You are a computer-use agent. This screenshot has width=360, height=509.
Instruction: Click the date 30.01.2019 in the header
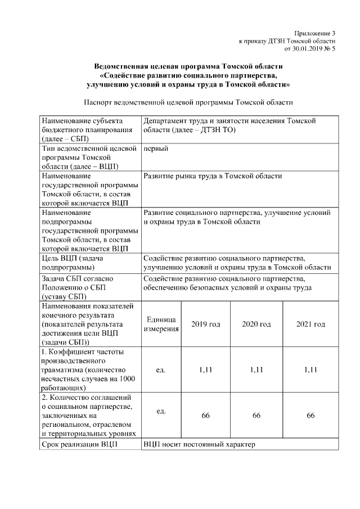pyautogui.click(x=308, y=49)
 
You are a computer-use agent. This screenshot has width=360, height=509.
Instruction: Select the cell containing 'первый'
pyautogui.click(x=156, y=148)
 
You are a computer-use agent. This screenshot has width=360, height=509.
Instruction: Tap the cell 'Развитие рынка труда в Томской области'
pyautogui.click(x=213, y=176)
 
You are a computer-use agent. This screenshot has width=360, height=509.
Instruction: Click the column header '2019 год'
pyautogui.click(x=205, y=325)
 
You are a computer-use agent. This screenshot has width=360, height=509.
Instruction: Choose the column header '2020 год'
pyautogui.click(x=256, y=325)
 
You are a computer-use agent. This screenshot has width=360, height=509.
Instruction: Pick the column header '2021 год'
pyautogui.click(x=310, y=325)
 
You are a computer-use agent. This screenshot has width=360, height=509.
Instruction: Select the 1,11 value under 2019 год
pyautogui.click(x=205, y=370)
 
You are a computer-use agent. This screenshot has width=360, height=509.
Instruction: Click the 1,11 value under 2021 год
pyautogui.click(x=310, y=370)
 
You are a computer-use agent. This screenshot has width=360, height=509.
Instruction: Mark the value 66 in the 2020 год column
pyautogui.click(x=256, y=415)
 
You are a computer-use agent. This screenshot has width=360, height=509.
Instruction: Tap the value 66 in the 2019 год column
pyautogui.click(x=205, y=415)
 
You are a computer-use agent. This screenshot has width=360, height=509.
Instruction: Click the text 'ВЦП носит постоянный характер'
pyautogui.click(x=199, y=445)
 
